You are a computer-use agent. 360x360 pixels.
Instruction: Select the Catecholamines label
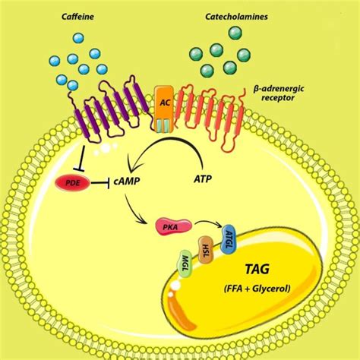[x=238, y=16]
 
